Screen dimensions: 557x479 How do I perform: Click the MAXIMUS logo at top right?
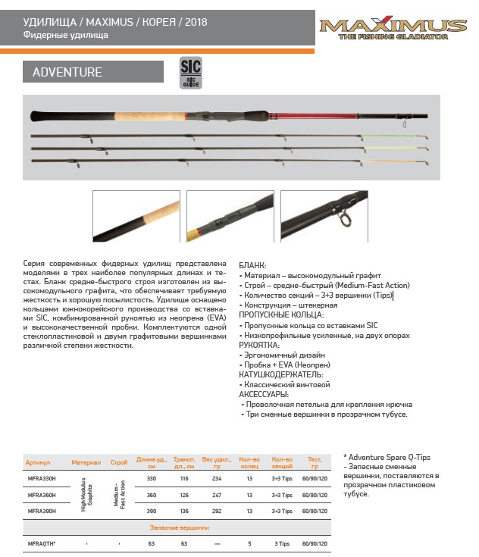[393, 28]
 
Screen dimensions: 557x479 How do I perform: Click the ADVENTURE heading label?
[67, 73]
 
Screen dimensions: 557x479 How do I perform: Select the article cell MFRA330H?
[41, 479]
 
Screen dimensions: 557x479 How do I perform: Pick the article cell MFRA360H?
[41, 495]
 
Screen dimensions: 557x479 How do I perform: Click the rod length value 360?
[151, 495]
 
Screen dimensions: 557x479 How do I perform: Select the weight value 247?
[218, 495]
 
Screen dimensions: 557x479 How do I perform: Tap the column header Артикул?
[37, 462]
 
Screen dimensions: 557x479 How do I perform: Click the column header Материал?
[86, 462]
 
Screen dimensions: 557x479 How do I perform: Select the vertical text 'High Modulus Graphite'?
[86, 496]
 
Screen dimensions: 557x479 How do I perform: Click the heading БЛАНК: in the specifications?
[252, 267]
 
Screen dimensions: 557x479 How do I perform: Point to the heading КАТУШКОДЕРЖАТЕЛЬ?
[281, 374]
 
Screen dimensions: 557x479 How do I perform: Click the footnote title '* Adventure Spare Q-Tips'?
[387, 458]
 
